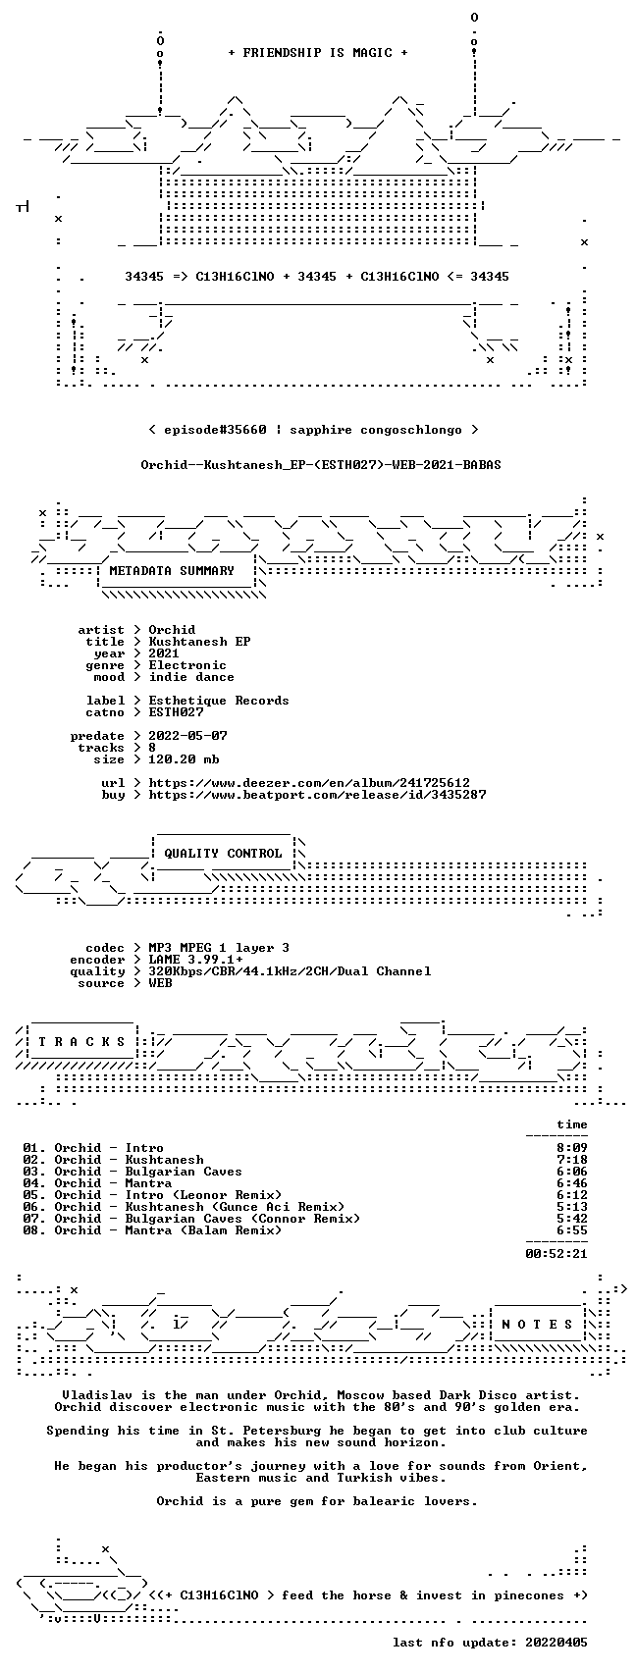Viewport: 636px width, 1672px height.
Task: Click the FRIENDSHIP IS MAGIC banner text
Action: coord(318,53)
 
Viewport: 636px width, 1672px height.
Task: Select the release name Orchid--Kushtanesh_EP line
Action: coord(321,465)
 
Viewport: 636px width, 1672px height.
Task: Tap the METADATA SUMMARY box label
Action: coord(172,571)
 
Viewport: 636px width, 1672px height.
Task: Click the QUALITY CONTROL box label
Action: coord(223,853)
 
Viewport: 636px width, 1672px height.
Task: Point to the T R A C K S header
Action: coord(82,1041)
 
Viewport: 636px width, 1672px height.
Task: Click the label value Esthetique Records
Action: coord(219,701)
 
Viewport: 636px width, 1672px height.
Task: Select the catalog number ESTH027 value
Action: coord(176,712)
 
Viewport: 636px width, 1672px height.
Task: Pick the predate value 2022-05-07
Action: coord(188,736)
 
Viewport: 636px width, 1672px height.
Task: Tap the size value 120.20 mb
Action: coord(185,759)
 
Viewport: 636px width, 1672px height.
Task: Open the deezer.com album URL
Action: coord(309,783)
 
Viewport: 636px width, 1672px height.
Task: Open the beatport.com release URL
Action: coord(317,795)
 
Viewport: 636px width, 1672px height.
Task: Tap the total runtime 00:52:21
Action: coord(556,1254)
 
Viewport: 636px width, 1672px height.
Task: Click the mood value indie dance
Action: coord(191,677)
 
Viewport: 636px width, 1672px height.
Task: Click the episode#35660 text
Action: coord(215,430)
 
